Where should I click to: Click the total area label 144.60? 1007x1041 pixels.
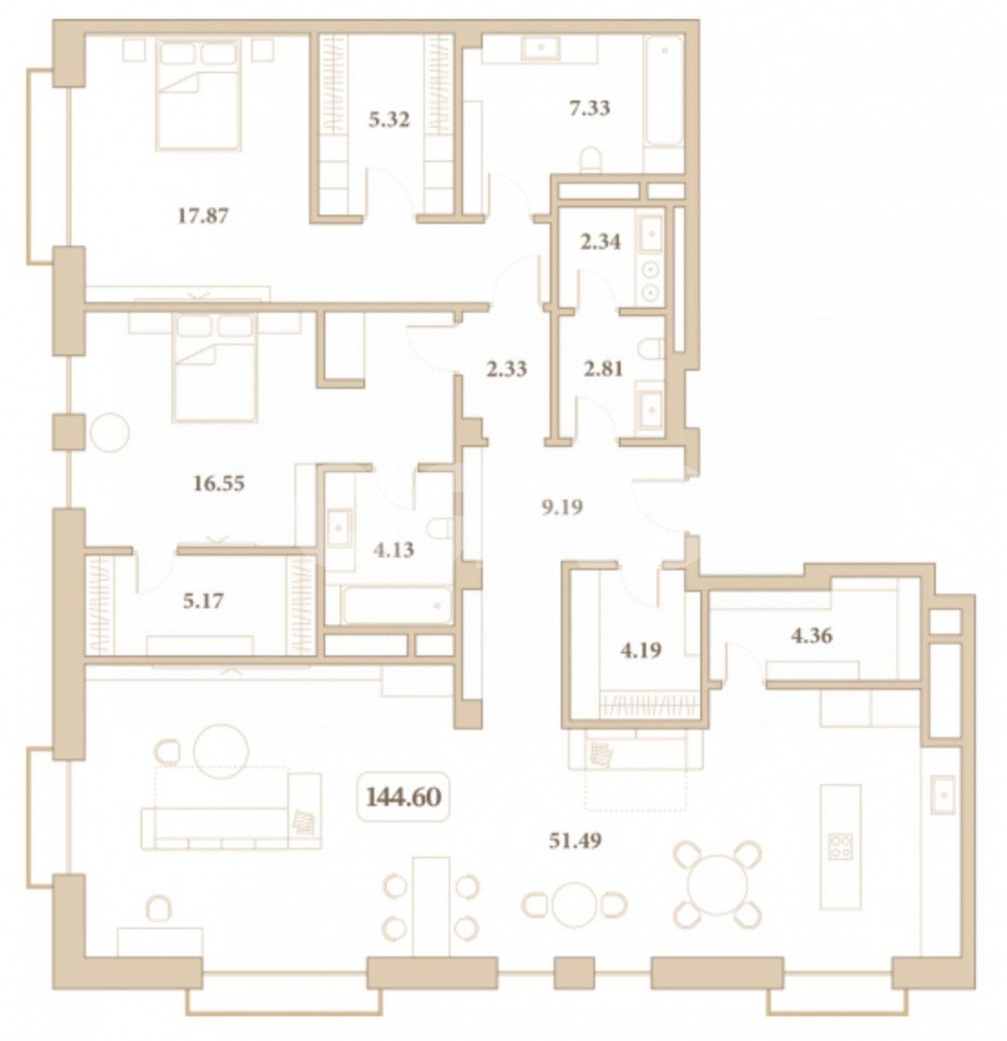(404, 797)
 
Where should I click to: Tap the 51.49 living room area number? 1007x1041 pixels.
(575, 840)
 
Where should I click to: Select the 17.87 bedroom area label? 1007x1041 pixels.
(203, 215)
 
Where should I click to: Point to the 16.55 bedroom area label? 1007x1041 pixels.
(218, 483)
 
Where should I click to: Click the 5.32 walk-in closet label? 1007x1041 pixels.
(389, 120)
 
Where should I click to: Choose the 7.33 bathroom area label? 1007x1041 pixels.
(589, 107)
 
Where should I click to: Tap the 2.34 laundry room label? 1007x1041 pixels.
(600, 242)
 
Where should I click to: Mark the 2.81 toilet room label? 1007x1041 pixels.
(602, 368)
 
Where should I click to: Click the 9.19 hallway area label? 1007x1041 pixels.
(562, 507)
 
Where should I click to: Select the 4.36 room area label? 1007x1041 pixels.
(811, 636)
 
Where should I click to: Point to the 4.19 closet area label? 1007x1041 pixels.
(641, 650)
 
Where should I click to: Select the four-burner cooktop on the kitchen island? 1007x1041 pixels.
(840, 846)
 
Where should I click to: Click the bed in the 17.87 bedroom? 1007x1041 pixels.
(198, 94)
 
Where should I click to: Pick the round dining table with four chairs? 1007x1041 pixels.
(716, 883)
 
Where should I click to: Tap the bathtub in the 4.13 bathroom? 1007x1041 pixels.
(396, 604)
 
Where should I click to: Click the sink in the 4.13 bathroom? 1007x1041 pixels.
(339, 528)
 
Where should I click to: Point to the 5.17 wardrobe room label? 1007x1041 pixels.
(203, 602)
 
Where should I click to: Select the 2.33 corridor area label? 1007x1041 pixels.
(506, 368)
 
